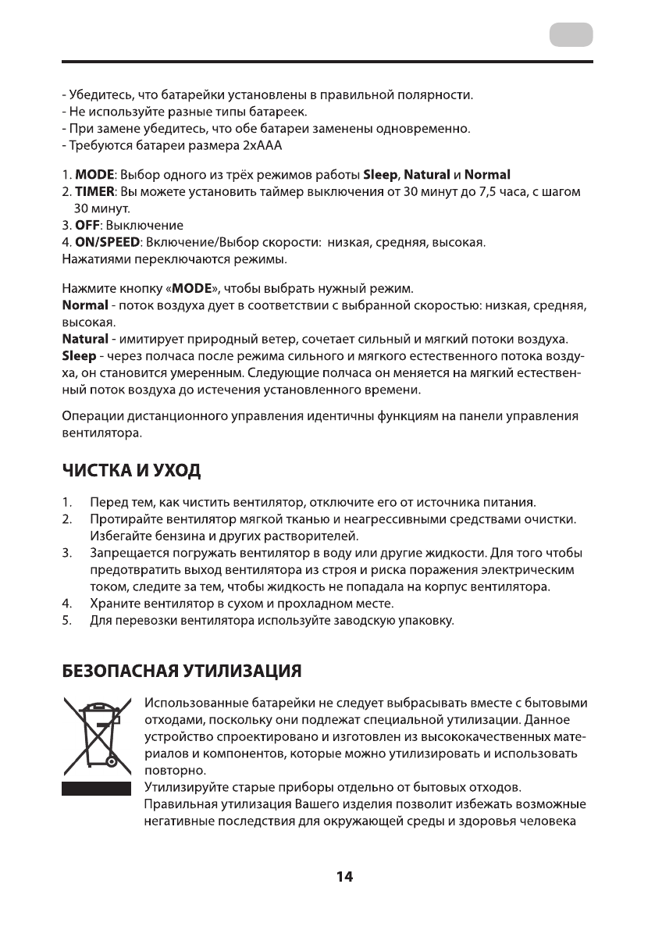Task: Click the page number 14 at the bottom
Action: tap(344, 877)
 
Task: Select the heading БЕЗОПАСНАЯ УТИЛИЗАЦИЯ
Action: tap(181, 671)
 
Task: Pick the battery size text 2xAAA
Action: tap(262, 146)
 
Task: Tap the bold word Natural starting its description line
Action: tap(85, 340)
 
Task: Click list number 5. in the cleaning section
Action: tap(67, 621)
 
